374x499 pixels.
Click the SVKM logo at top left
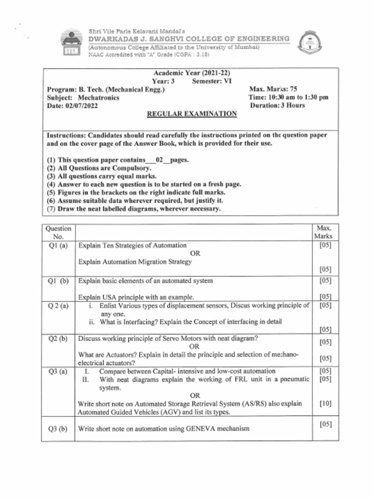click(71, 44)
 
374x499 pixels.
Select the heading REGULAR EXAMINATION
click(192, 114)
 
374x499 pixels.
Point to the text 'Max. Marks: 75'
click(273, 89)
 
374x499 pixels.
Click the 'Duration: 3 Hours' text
click(277, 105)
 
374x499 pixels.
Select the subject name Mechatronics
click(98, 97)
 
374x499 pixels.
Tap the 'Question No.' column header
click(58, 232)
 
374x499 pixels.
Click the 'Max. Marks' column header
click(323, 232)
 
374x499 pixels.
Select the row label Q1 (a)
click(58, 246)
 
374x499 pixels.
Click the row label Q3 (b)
click(58, 429)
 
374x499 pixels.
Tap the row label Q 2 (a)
click(58, 306)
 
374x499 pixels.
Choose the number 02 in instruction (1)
click(159, 160)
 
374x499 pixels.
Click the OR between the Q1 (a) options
click(195, 253)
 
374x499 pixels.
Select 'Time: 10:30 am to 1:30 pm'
click(288, 97)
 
